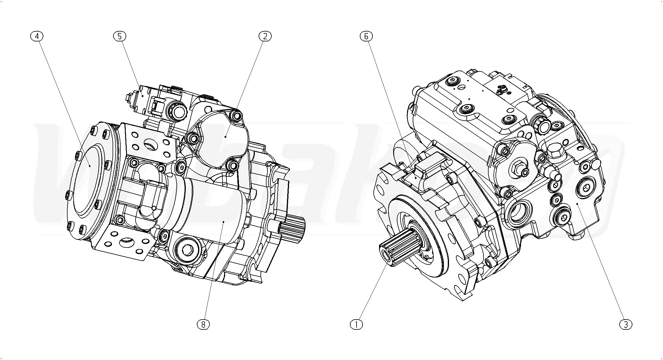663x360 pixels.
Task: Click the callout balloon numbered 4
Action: tap(37, 36)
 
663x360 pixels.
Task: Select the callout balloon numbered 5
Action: tap(119, 36)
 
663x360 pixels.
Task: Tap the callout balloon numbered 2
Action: tap(265, 36)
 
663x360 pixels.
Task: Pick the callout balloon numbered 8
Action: tap(203, 324)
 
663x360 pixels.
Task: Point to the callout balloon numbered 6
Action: tap(366, 36)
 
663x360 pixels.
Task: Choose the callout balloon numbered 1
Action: tap(357, 324)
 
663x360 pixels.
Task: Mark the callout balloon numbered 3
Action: tap(626, 324)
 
